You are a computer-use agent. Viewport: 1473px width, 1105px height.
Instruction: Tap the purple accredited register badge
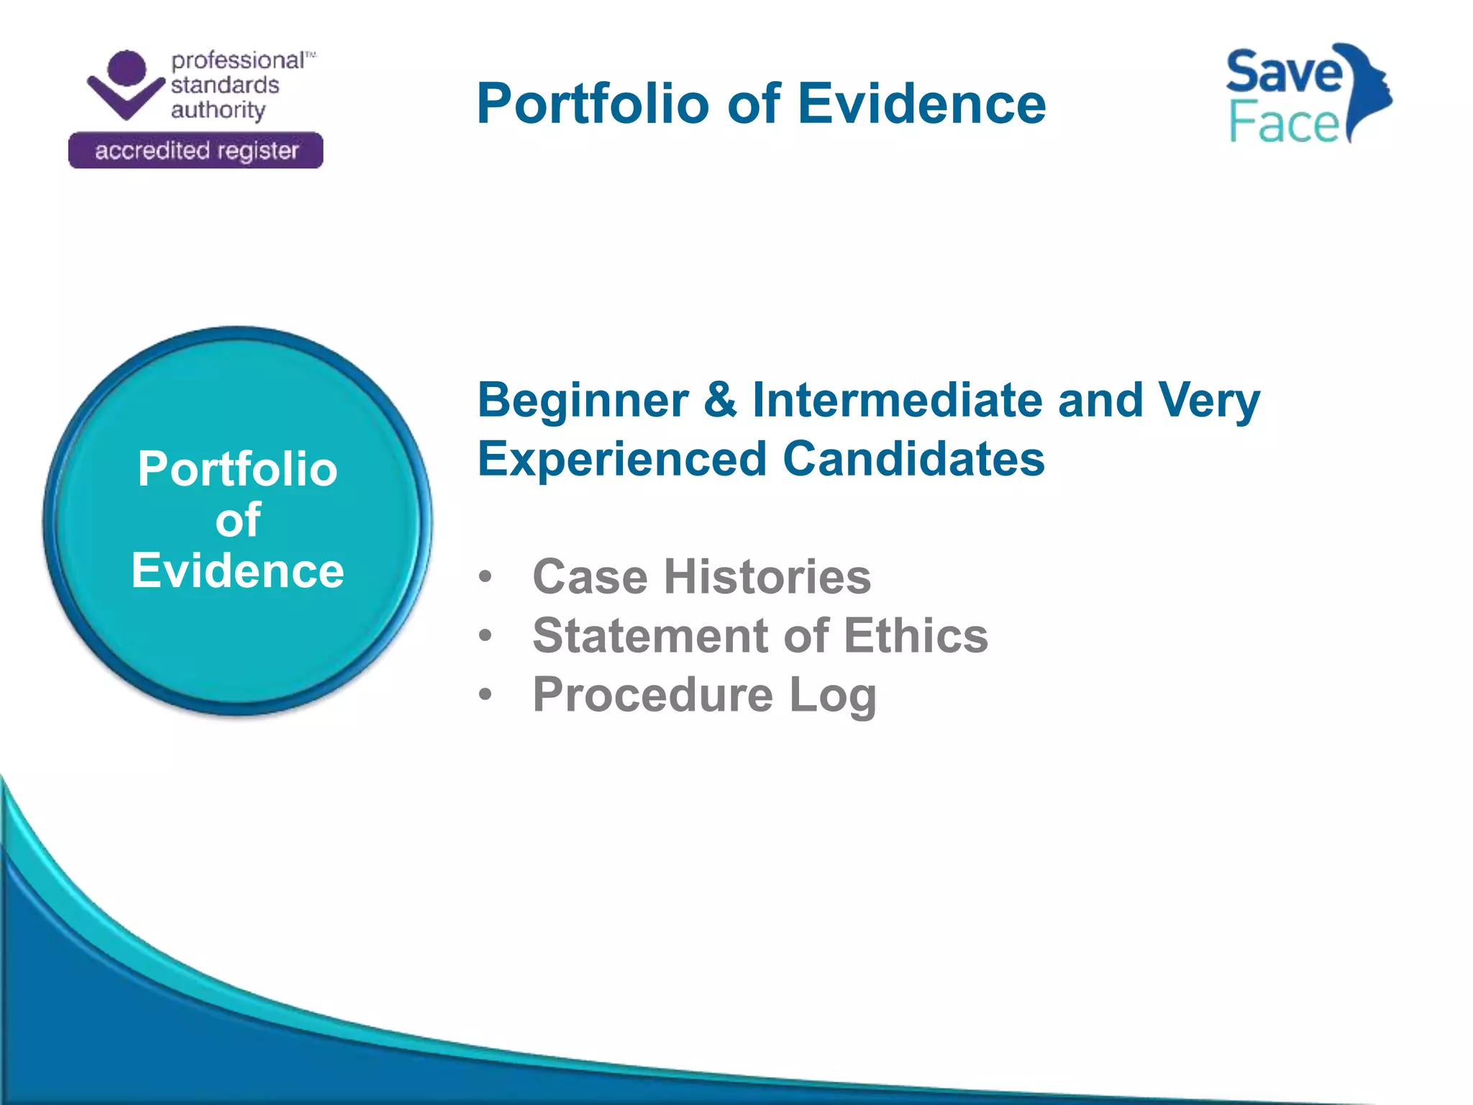(196, 150)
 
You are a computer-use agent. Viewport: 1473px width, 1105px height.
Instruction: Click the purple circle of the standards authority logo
(127, 70)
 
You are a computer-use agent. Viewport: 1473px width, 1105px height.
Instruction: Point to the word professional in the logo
(237, 60)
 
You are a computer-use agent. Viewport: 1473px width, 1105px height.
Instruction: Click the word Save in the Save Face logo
(1284, 73)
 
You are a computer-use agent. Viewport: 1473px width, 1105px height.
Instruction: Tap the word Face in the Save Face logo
(1284, 122)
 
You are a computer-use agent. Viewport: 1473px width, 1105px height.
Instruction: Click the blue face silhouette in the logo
(1370, 86)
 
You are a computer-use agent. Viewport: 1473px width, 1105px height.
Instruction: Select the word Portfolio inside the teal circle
(237, 470)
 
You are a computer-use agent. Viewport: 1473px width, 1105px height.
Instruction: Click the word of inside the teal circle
(237, 520)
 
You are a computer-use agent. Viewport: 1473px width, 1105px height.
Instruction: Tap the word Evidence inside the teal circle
(237, 571)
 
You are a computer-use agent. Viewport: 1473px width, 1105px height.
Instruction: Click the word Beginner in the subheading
(583, 401)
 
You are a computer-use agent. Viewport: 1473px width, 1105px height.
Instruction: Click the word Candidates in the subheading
(913, 459)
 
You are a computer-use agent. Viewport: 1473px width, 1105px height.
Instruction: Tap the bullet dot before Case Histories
(485, 576)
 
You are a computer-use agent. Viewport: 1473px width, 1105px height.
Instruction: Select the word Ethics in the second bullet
(916, 636)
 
